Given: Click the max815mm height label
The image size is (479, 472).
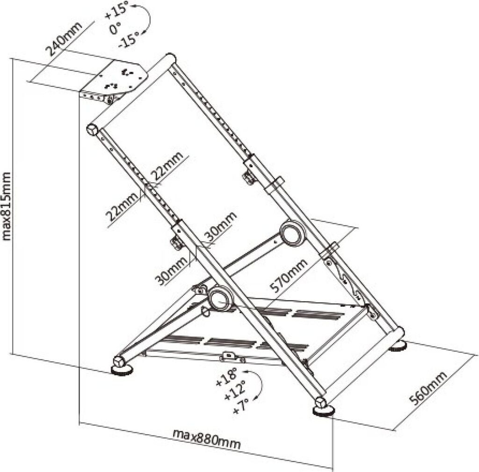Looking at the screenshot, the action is point(7,206).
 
